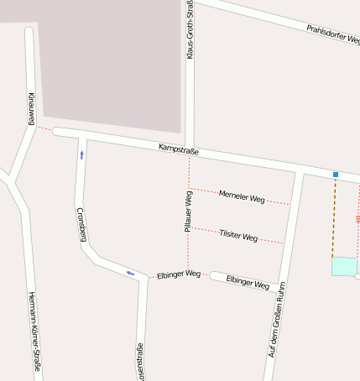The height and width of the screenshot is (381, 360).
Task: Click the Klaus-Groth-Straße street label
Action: pos(190,29)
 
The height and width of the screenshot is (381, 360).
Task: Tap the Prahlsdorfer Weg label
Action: pos(332,34)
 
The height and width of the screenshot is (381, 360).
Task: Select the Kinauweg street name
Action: pos(31,109)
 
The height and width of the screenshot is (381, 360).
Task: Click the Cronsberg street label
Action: pos(81,224)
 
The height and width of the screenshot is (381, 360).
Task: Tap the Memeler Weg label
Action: pos(242,198)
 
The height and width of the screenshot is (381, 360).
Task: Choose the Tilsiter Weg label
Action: pos(238,237)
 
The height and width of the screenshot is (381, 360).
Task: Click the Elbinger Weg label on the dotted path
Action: pos(179,274)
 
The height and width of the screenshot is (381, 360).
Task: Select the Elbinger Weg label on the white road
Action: pos(248,282)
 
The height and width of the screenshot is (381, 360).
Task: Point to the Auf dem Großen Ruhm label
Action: pos(278,320)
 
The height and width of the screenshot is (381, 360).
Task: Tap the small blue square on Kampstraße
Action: pos(336,175)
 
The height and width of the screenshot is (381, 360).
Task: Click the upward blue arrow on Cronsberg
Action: pos(81,154)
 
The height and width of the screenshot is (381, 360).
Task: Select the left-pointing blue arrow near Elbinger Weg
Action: pos(130,273)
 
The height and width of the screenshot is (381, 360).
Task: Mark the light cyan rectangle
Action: pos(344,267)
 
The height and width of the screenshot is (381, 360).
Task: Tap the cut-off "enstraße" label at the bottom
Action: pos(140,361)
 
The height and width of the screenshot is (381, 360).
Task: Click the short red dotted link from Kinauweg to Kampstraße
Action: pos(44,129)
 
